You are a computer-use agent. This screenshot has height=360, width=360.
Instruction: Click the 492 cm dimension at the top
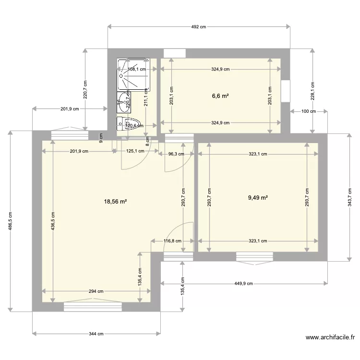coord(199,27)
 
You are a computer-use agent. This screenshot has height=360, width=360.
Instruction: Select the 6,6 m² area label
coord(220,96)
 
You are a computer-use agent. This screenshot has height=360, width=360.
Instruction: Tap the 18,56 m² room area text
coord(115,202)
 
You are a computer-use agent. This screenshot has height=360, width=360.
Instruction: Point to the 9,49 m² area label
coord(258,197)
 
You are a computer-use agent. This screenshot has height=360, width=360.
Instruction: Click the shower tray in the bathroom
coord(133,75)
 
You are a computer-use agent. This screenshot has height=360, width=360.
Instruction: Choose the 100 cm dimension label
coord(309,111)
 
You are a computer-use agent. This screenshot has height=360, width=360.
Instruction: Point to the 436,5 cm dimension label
coord(53,221)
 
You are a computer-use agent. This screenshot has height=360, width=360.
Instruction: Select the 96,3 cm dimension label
coord(177,154)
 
